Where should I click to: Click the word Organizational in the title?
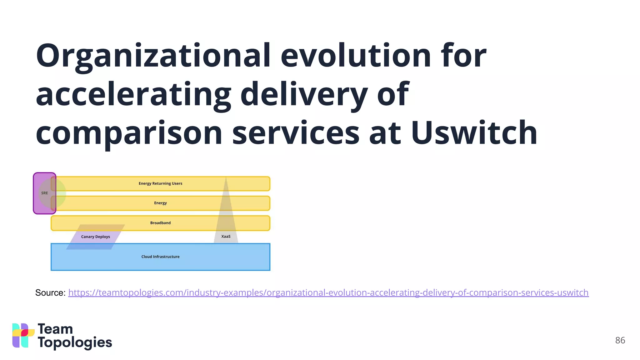tap(153, 56)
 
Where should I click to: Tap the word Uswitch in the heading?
tap(474, 133)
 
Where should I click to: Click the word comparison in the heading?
tap(129, 133)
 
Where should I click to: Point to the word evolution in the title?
tap(356, 56)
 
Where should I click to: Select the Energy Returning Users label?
tap(160, 183)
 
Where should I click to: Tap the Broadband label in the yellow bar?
tap(160, 223)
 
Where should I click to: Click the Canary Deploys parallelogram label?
tap(95, 237)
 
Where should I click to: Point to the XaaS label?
tap(226, 237)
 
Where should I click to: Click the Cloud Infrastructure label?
tap(160, 257)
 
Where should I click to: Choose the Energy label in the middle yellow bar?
tap(160, 203)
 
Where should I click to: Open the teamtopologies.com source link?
tap(328, 293)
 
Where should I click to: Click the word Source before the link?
tap(50, 293)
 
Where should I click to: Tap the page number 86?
tap(620, 340)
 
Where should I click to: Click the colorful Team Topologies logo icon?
tap(23, 335)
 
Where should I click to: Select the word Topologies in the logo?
tap(75, 343)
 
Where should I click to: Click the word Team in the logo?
tap(55, 329)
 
